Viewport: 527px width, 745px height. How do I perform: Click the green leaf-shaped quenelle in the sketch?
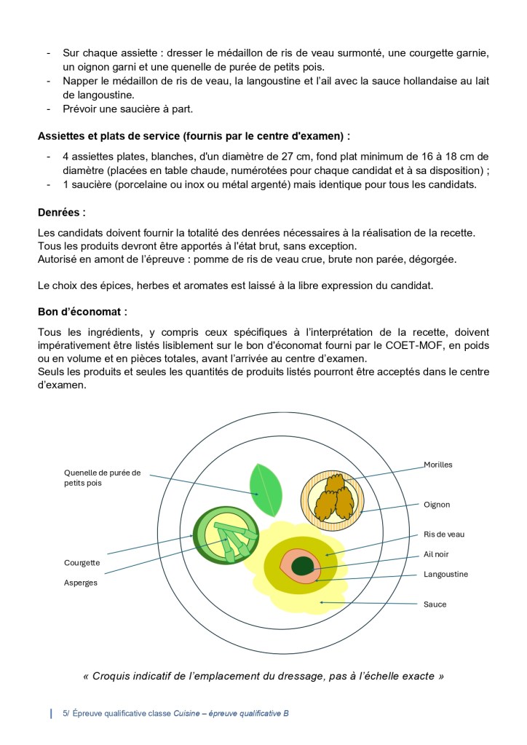(x=266, y=490)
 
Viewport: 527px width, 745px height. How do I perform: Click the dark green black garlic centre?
(x=302, y=564)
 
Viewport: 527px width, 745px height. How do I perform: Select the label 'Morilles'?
(x=438, y=465)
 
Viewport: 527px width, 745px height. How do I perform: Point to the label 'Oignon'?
(x=437, y=504)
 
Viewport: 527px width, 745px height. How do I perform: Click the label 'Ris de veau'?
(x=444, y=535)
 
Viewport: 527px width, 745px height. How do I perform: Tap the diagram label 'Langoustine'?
(x=445, y=574)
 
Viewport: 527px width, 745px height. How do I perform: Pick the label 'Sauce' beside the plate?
(x=435, y=604)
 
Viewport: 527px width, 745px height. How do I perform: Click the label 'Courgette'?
(x=82, y=563)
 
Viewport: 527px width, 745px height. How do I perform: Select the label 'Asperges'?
(x=81, y=583)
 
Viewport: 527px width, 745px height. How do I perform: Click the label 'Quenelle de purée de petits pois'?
(x=103, y=477)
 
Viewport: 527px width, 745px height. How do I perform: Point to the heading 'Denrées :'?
(x=62, y=213)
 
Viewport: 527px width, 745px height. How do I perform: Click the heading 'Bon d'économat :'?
(x=82, y=312)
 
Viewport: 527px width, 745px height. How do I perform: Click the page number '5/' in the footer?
(x=66, y=714)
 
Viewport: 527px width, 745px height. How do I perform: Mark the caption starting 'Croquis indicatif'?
(x=263, y=676)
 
